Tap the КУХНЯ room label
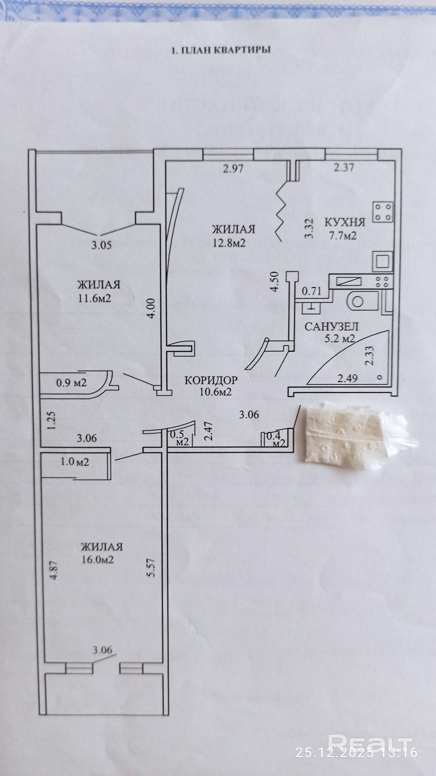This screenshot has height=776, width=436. tap(345, 223)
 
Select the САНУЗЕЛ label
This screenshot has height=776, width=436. tap(332, 327)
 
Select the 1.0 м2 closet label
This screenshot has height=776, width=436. tap(75, 462)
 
